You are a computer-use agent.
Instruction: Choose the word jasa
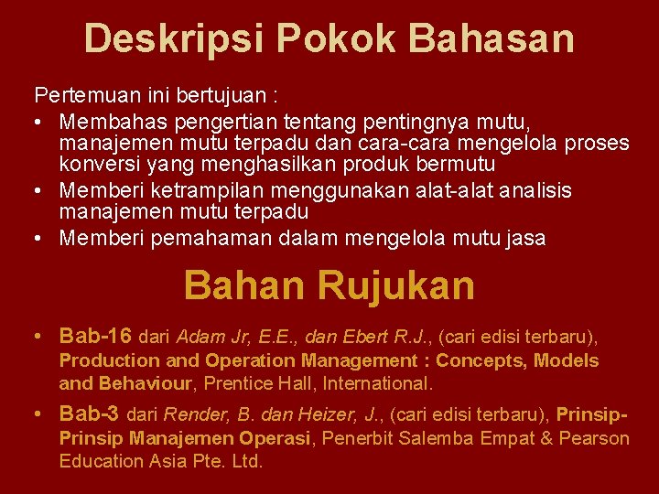click(x=526, y=239)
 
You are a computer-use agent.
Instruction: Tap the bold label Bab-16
click(x=95, y=336)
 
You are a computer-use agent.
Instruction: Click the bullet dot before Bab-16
click(x=39, y=336)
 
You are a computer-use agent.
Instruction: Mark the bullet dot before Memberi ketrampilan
click(x=39, y=190)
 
